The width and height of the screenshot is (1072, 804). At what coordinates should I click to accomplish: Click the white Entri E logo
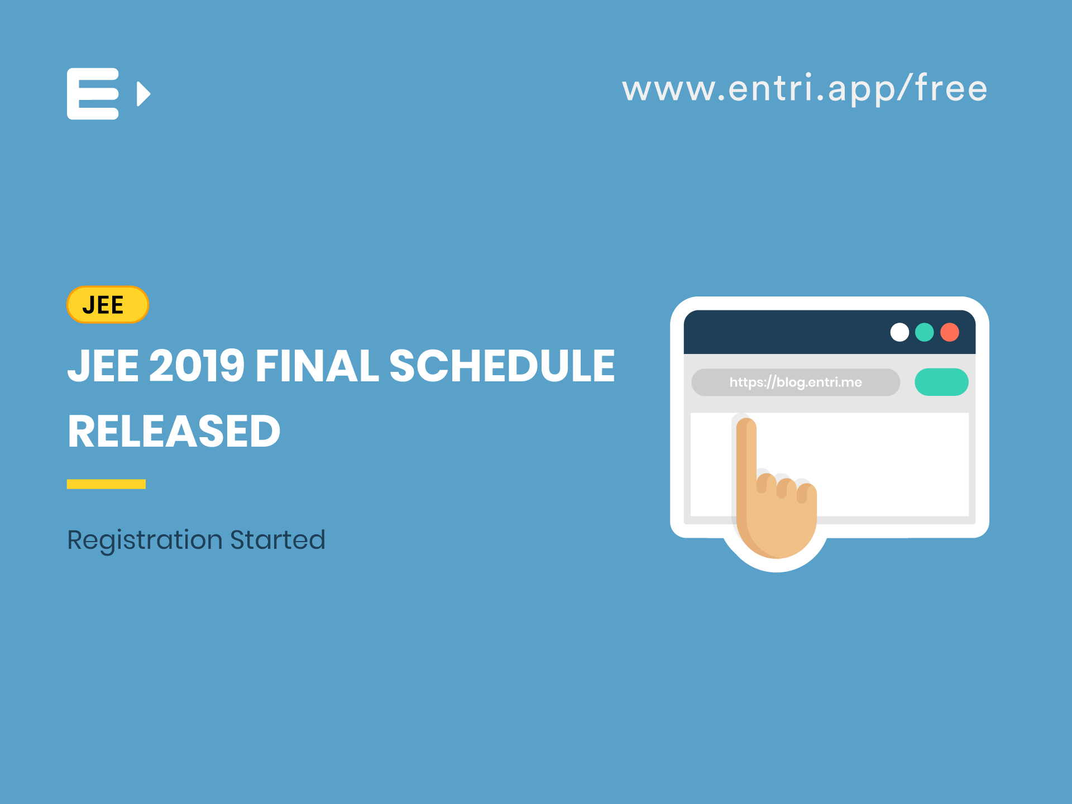tap(93, 94)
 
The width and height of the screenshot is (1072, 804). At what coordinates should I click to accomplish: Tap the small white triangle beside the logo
tap(143, 94)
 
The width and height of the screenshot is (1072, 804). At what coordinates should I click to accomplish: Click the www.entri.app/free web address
tap(805, 89)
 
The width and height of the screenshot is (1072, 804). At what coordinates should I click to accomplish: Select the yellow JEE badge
tap(107, 305)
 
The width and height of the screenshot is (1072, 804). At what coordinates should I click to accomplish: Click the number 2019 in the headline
tap(197, 366)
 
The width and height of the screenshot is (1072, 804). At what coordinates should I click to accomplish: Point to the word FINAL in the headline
tap(317, 366)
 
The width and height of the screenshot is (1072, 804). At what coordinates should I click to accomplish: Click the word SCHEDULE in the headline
tap(502, 366)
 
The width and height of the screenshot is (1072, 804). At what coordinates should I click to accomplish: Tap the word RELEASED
tap(174, 432)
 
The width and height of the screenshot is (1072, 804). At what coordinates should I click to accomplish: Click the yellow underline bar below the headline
tap(106, 484)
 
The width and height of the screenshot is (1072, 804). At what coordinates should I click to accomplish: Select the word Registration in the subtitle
tap(145, 540)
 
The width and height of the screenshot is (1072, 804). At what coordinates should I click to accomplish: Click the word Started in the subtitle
tap(277, 540)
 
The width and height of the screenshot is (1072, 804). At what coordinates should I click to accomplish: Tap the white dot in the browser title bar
tap(899, 332)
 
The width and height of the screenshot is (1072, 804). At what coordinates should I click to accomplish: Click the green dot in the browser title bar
tap(925, 332)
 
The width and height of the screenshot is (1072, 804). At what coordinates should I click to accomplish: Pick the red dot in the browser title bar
tap(950, 332)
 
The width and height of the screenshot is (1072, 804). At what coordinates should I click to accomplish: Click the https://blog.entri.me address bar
tap(795, 382)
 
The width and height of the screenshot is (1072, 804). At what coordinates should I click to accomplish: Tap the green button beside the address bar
tap(941, 382)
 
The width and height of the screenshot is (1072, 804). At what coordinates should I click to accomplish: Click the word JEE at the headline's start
tap(103, 366)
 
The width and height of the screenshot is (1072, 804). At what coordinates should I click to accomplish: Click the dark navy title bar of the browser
tap(782, 332)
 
